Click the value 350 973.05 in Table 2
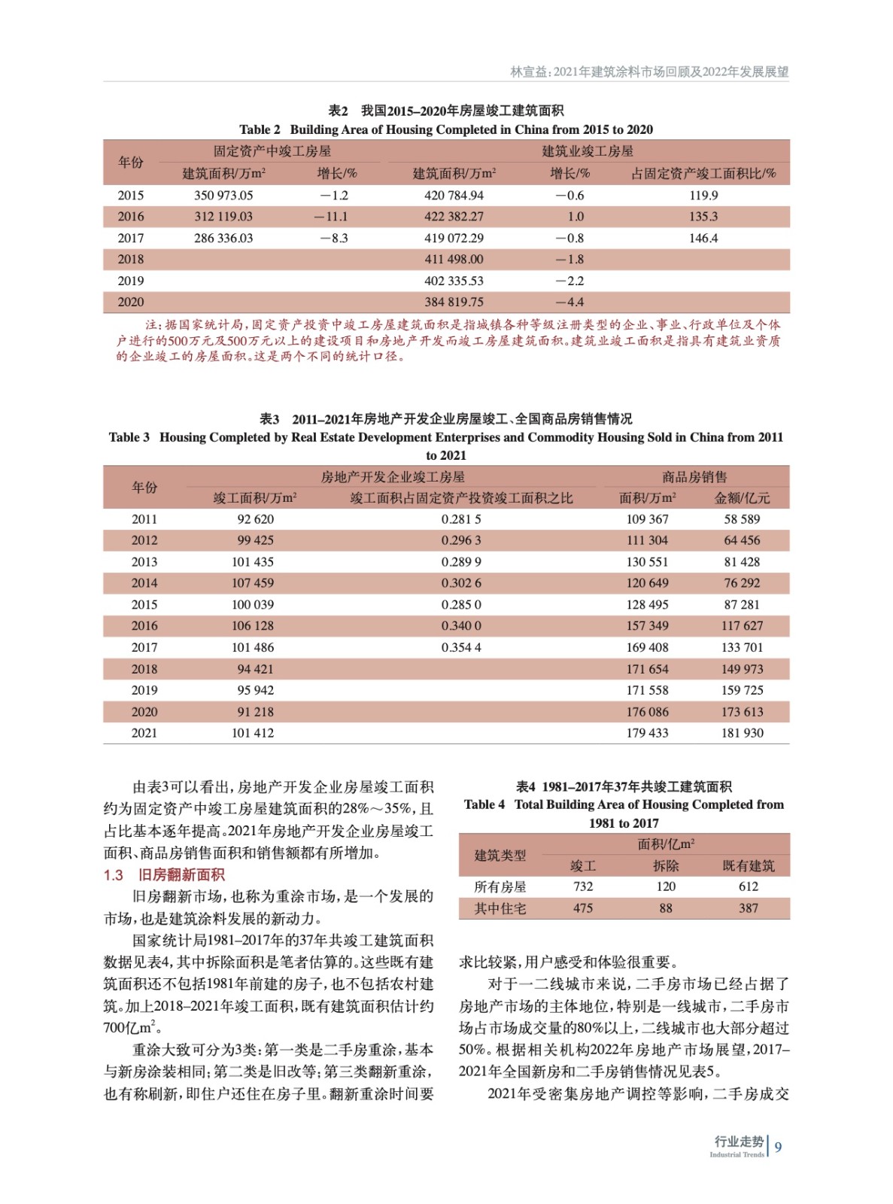[x=223, y=196]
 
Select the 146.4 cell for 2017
[x=703, y=239]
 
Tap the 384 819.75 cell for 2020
[x=454, y=303]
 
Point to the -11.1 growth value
[x=332, y=217]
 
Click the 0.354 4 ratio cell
[x=461, y=648]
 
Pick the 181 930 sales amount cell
[x=742, y=734]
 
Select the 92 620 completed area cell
[x=255, y=519]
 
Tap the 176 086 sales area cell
[x=647, y=712]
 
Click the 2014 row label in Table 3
[x=144, y=583]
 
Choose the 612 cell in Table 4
[x=748, y=887]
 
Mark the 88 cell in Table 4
[x=666, y=909]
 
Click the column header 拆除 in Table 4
[x=666, y=866]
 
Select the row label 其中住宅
[x=500, y=909]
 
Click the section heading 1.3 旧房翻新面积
[x=164, y=875]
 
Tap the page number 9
[x=778, y=1148]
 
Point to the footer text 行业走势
[x=738, y=1142]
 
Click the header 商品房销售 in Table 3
[x=694, y=477]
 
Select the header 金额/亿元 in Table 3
[x=742, y=498]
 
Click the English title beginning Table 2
[x=446, y=129]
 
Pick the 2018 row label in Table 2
[x=130, y=260]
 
